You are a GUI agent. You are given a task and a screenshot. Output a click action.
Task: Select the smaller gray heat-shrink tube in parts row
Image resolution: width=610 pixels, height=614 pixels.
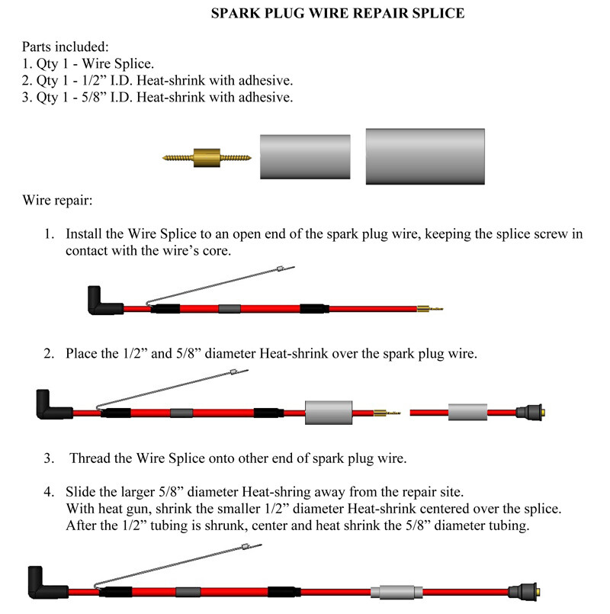[305, 158]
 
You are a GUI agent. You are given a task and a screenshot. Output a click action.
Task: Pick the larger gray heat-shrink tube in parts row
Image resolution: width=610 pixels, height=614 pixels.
[425, 156]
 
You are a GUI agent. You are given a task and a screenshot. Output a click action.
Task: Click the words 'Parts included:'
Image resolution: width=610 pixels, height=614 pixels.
[66, 47]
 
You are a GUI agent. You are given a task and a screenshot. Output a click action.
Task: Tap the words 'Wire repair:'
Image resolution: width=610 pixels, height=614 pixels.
[57, 203]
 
